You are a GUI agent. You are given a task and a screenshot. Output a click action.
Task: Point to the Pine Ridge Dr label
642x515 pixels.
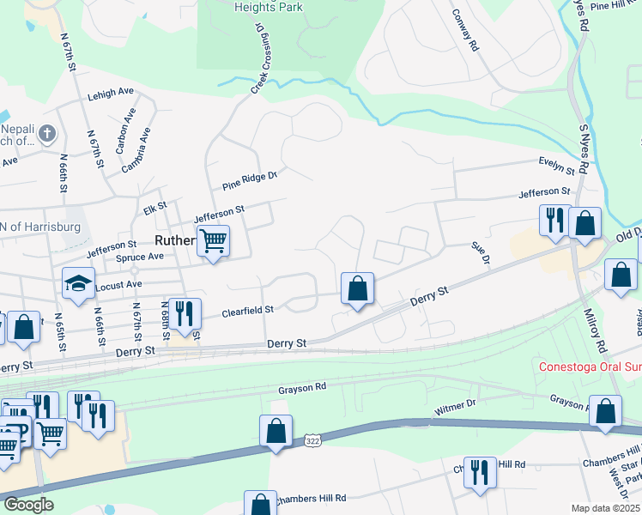[250, 179]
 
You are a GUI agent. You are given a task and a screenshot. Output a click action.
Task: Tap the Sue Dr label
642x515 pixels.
[480, 252]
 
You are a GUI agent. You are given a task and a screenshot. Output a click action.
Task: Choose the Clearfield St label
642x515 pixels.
[247, 310]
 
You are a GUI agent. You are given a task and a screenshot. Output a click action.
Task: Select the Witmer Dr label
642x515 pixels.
[454, 411]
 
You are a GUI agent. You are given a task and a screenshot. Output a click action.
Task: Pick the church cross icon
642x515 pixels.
[46, 133]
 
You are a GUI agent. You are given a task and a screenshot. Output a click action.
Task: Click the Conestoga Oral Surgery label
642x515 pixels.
[590, 367]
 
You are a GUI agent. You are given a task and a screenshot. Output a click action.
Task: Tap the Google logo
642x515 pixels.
[28, 505]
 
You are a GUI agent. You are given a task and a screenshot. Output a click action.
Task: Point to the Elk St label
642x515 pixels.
[154, 209]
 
